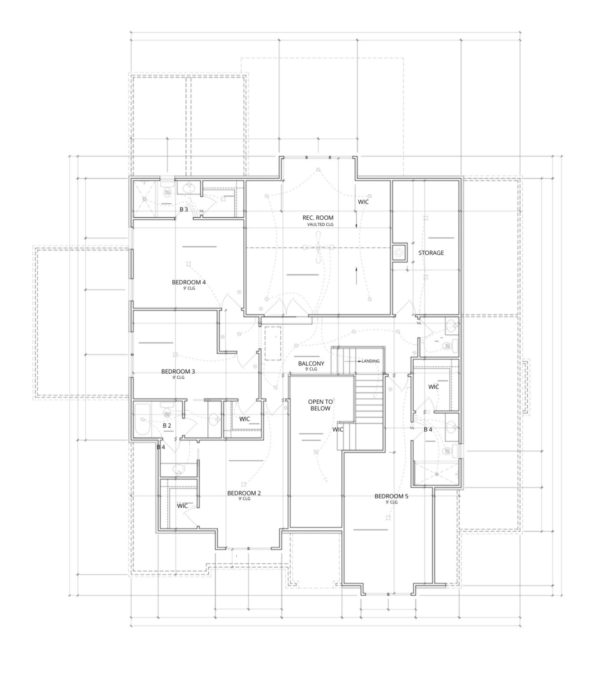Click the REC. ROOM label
tap(318, 217)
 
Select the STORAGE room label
tap(430, 253)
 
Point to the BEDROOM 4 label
tap(188, 282)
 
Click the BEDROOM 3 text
tap(178, 371)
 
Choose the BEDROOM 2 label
tap(244, 493)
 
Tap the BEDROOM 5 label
tap(391, 496)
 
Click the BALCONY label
tap(311, 363)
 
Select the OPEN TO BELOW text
tap(320, 405)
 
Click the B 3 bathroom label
tap(184, 210)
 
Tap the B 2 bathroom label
tap(167, 425)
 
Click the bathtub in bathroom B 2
tap(142, 420)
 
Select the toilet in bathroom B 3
tap(167, 192)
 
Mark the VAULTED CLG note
tap(320, 224)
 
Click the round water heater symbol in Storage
tap(399, 253)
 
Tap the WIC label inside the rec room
tap(363, 202)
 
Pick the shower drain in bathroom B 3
tap(144, 199)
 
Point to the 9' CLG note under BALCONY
tap(311, 369)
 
